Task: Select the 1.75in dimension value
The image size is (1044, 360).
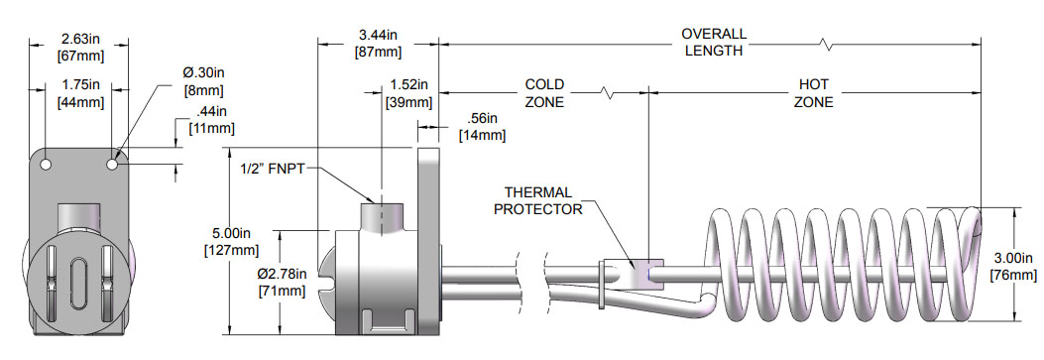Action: [x=78, y=84]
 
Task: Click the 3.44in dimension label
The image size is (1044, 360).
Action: [x=377, y=35]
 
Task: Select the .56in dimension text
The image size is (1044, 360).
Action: [x=482, y=118]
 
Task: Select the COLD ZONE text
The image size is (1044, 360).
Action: [x=544, y=93]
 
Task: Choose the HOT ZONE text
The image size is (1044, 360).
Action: [x=814, y=93]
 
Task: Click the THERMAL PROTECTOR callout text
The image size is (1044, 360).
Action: [x=538, y=200]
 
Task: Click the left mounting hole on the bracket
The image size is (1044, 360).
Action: [x=46, y=163]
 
